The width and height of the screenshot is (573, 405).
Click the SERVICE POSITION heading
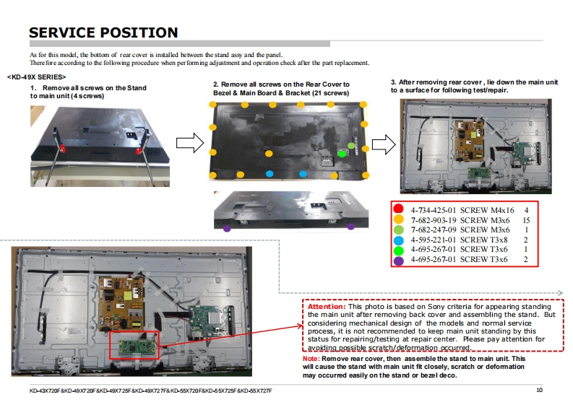[x=103, y=32]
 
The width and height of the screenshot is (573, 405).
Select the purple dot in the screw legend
[x=397, y=259]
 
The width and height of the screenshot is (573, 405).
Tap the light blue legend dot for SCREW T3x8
[x=397, y=240]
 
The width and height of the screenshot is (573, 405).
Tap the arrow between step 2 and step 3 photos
[x=383, y=144]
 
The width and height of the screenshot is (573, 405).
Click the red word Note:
[x=311, y=359]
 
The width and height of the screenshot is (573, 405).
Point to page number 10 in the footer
[x=539, y=391]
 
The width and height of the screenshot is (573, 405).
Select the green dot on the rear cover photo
[x=342, y=153]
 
